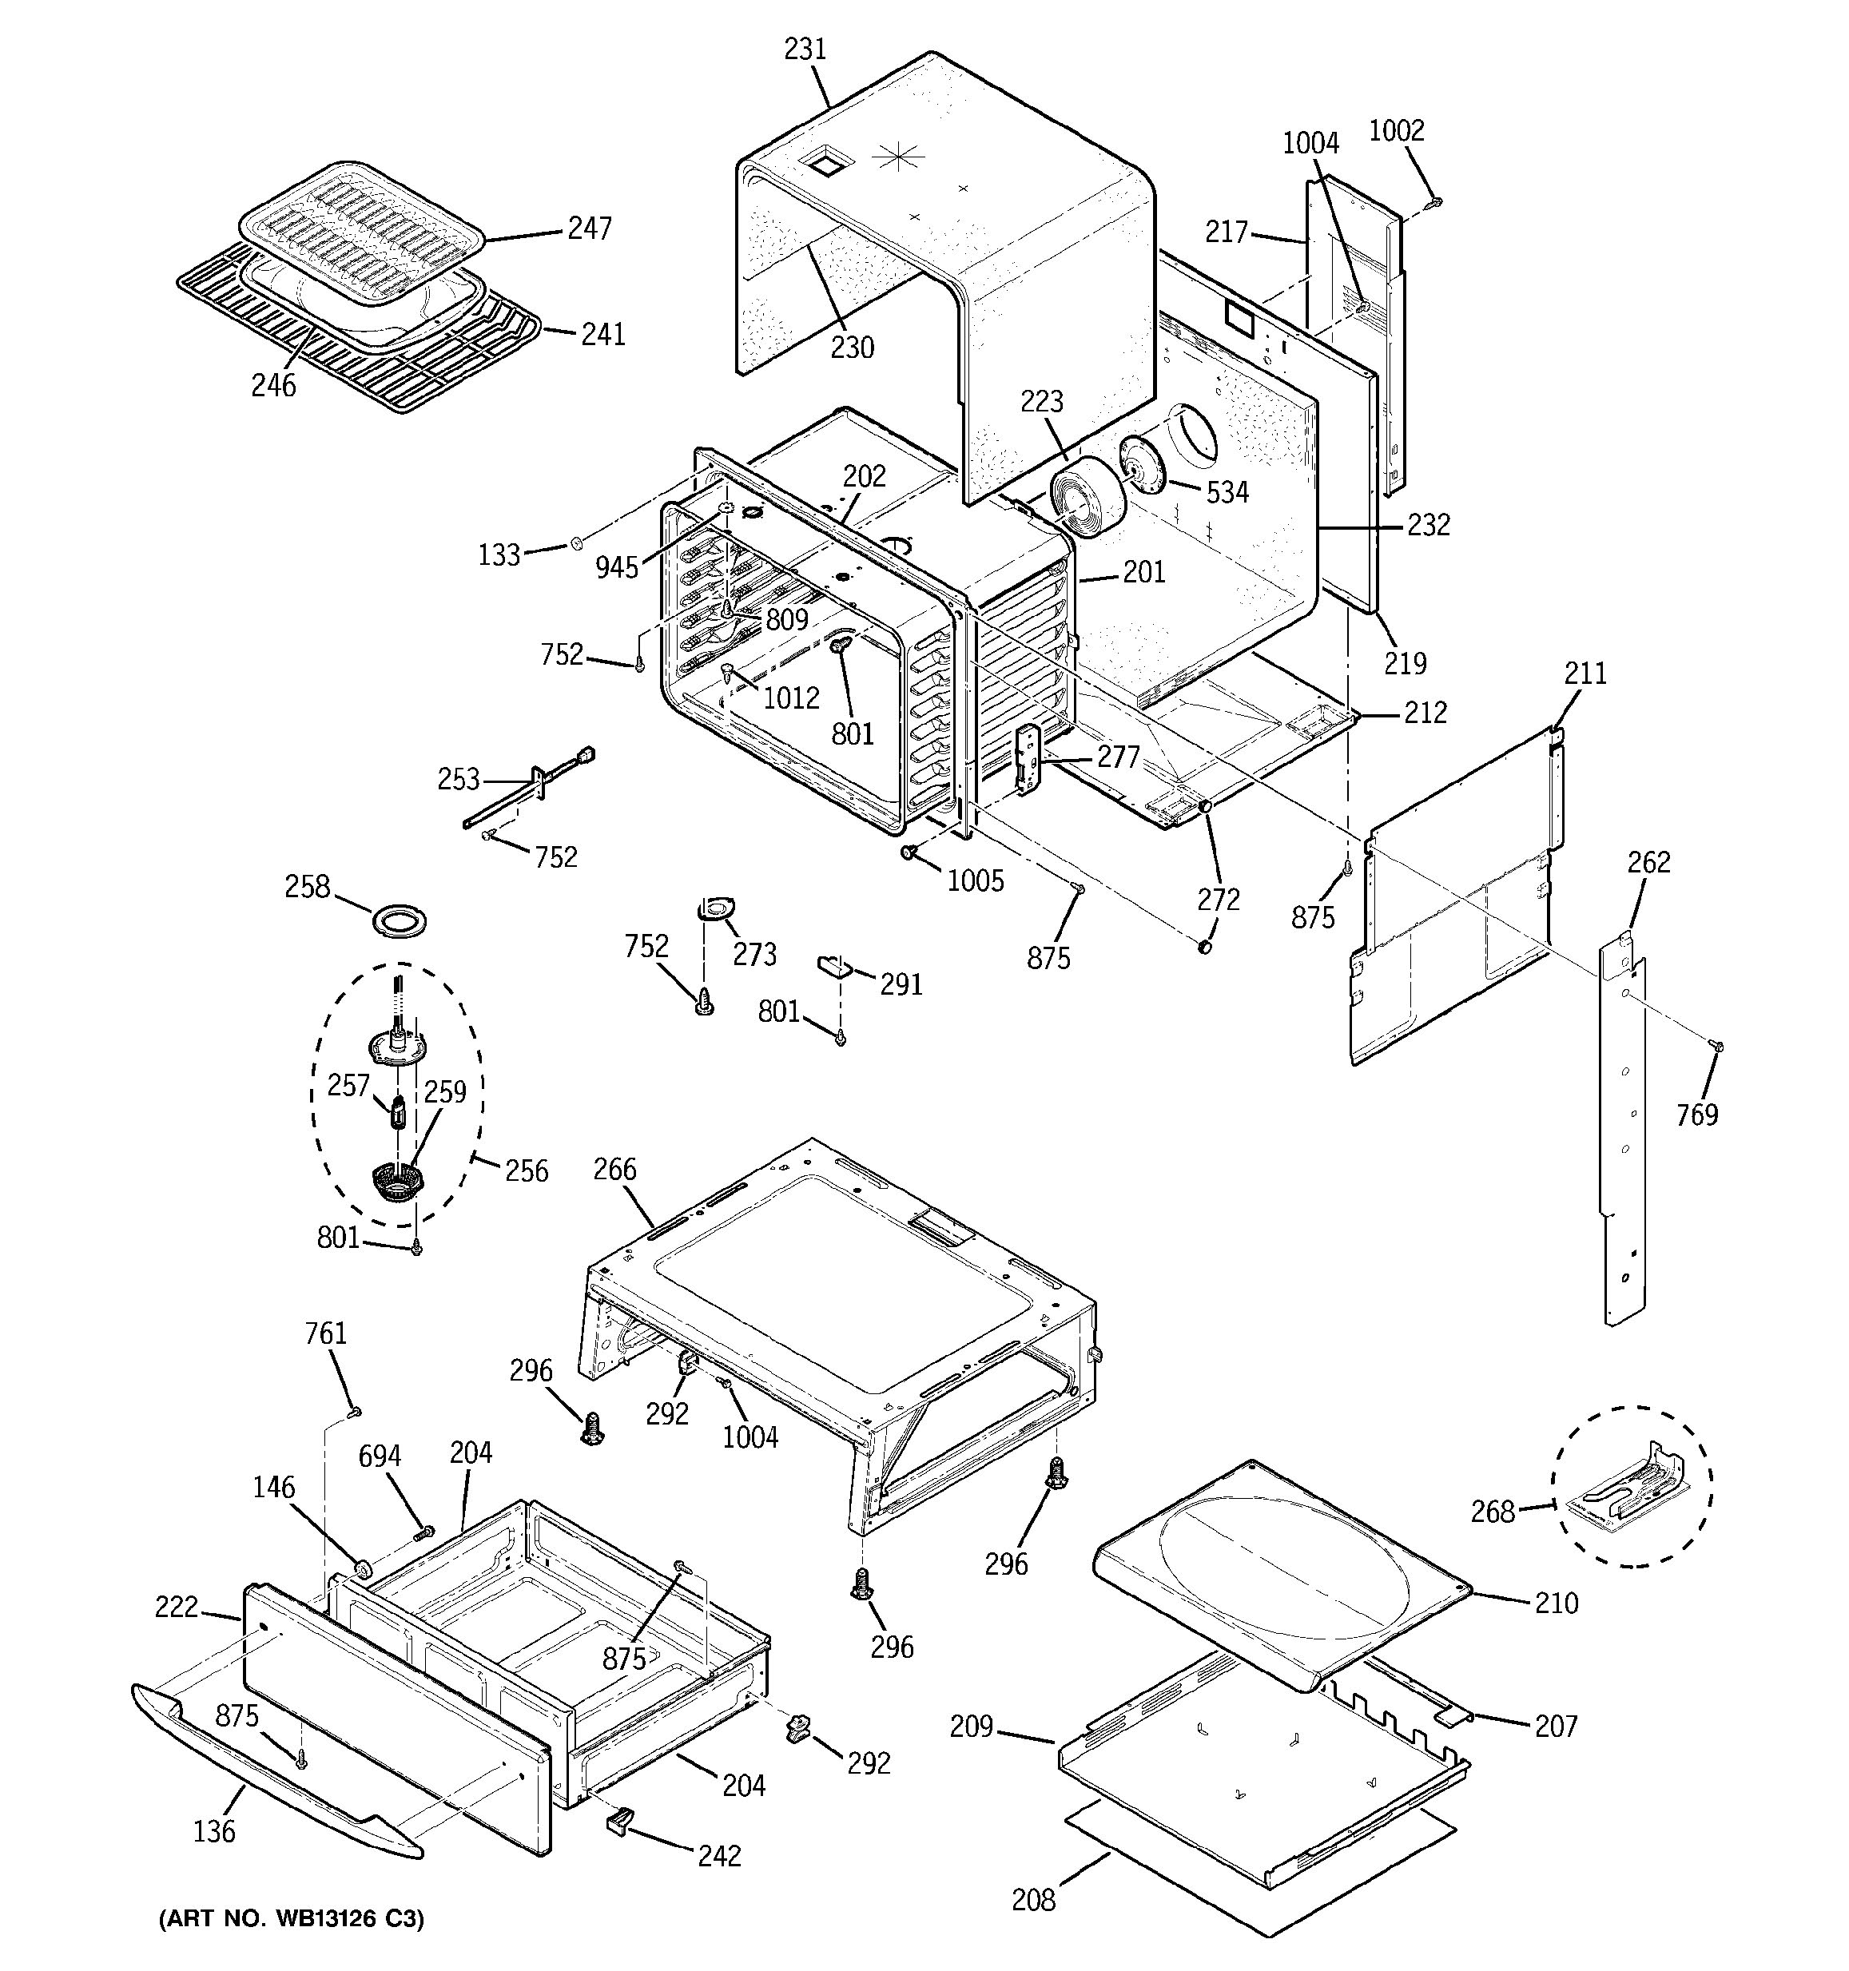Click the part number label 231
pyautogui.click(x=805, y=49)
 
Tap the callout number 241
pyautogui.click(x=604, y=333)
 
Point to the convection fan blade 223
pyautogui.click(x=1087, y=502)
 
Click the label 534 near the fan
pyautogui.click(x=1227, y=492)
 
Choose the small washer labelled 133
pyautogui.click(x=576, y=542)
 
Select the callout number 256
pyautogui.click(x=527, y=1171)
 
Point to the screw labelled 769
pyautogui.click(x=1718, y=1045)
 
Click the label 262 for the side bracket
pyautogui.click(x=1648, y=861)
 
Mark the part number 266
pyautogui.click(x=614, y=1169)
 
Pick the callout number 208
pyautogui.click(x=1033, y=1900)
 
